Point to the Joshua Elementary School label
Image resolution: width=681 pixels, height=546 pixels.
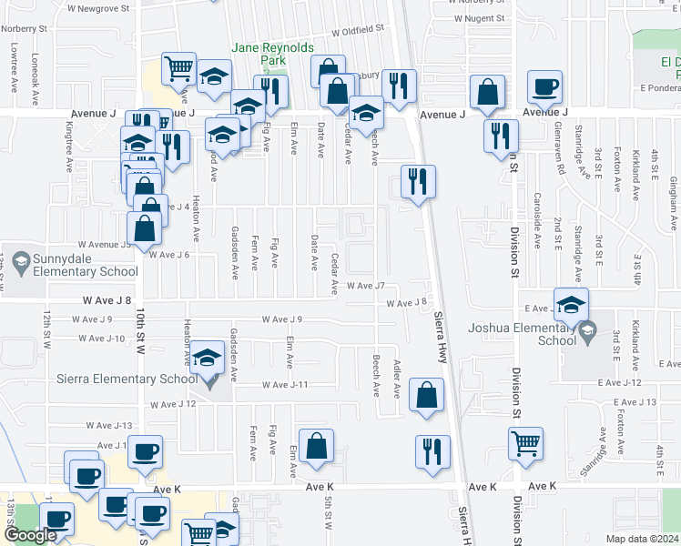tap(519, 334)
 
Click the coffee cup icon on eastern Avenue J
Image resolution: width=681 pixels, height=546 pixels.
tap(545, 87)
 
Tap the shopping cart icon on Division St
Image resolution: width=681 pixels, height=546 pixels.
tap(525, 443)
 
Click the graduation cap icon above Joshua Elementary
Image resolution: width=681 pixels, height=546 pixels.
tap(571, 304)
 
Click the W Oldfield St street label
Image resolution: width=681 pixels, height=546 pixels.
tap(358, 30)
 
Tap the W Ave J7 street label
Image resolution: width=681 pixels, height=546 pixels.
tap(372, 287)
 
